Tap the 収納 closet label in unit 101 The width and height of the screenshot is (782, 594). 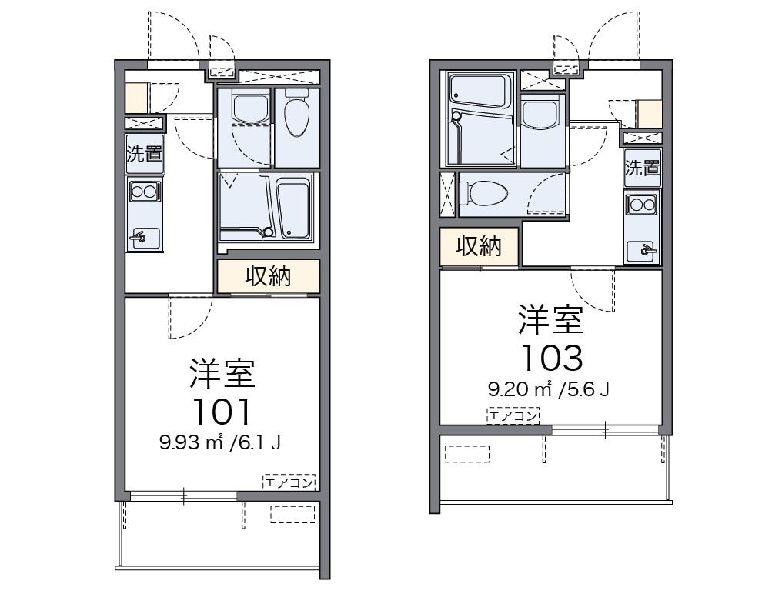268,276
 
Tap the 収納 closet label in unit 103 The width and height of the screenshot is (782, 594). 479,246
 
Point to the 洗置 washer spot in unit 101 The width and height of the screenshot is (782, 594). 144,153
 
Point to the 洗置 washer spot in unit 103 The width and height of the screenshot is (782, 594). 642,168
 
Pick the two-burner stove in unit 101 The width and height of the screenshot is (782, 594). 144,191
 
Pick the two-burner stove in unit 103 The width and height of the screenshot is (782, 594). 642,205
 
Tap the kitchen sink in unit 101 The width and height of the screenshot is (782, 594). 144,238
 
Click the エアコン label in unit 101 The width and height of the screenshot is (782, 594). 289,482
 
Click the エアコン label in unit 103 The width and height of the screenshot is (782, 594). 513,415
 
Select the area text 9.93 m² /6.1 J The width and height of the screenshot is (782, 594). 220,442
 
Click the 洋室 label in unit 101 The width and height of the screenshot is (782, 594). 222,374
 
